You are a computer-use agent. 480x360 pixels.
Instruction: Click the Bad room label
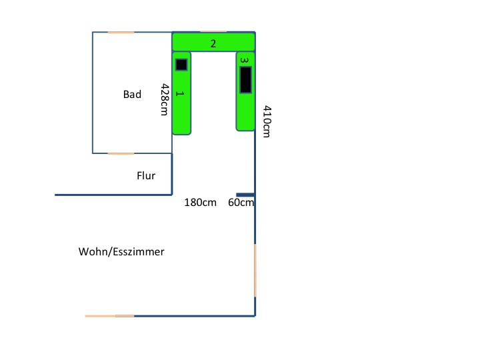pyautogui.click(x=132, y=95)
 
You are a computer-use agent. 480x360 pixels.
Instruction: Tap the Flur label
pyautogui.click(x=146, y=176)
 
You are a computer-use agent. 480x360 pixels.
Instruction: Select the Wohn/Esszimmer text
pyautogui.click(x=121, y=252)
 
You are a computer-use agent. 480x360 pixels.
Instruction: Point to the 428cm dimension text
pyautogui.click(x=164, y=100)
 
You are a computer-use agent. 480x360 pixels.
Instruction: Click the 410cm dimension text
pyautogui.click(x=266, y=121)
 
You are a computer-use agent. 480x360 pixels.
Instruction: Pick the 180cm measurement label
pyautogui.click(x=200, y=203)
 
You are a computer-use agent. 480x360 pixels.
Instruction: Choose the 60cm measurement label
pyautogui.click(x=241, y=203)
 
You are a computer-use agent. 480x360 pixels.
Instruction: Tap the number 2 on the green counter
pyautogui.click(x=213, y=44)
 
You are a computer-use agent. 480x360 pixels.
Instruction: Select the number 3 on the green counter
pyautogui.click(x=245, y=60)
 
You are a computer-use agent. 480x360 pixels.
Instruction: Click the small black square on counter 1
pyautogui.click(x=181, y=65)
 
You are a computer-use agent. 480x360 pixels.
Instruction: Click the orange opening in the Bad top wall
pyautogui.click(x=121, y=32)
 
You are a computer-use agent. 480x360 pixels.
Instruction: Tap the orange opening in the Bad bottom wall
pyautogui.click(x=121, y=153)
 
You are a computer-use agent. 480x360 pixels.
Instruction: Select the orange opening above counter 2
pyautogui.click(x=213, y=31)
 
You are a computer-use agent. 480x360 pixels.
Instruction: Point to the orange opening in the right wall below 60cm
pyautogui.click(x=255, y=270)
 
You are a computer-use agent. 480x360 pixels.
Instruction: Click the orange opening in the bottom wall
pyautogui.click(x=110, y=315)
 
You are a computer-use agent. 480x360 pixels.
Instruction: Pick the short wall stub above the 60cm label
pyautogui.click(x=245, y=195)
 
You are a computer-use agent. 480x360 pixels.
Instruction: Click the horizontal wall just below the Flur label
pyautogui.click(x=113, y=195)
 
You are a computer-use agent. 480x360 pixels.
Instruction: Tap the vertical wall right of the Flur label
pyautogui.click(x=173, y=173)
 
